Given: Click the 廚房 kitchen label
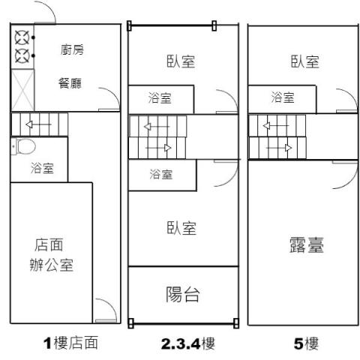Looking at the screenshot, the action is (x=72, y=49).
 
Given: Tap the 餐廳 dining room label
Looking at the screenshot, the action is (x=70, y=83).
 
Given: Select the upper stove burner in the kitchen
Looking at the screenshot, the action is (x=22, y=37).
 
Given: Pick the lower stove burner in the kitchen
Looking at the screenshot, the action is (x=22, y=55).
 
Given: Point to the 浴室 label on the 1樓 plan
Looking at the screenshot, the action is (x=42, y=168).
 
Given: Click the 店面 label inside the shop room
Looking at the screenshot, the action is (x=49, y=244).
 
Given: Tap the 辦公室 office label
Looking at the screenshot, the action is (x=52, y=265).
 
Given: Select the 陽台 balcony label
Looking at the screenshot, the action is (x=183, y=294).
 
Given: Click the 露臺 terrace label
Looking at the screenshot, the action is (x=307, y=244).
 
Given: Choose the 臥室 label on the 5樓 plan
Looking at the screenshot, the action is (x=305, y=61).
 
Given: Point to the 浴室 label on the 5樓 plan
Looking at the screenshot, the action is (x=283, y=97).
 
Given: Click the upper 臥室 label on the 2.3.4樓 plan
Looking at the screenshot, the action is (x=181, y=61).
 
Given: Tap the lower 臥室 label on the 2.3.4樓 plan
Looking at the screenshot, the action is (x=181, y=228).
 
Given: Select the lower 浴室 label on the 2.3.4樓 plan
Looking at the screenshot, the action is (x=161, y=174).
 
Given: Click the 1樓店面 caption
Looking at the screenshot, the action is (x=70, y=343).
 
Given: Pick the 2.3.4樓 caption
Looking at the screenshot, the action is (x=188, y=343).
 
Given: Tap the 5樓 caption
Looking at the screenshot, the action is (x=306, y=343).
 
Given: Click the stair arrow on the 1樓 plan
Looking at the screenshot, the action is (x=39, y=124).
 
